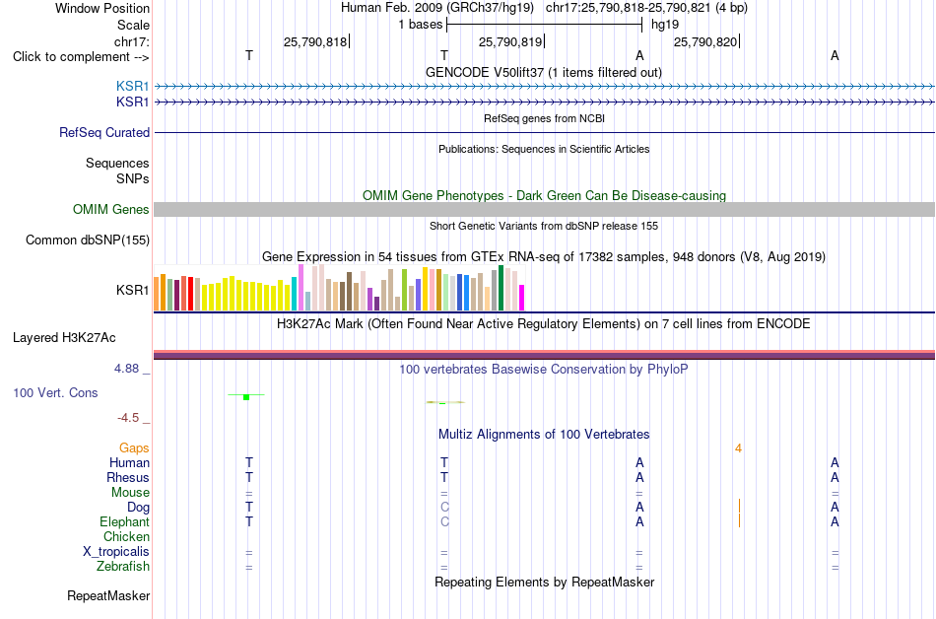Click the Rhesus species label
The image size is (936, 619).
[128, 477]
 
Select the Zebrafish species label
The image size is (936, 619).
[123, 566]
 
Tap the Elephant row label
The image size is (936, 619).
[124, 522]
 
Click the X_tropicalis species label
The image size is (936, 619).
[116, 552]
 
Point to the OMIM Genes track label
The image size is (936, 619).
[111, 210]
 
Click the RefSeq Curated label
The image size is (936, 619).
[104, 132]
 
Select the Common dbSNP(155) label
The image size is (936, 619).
[88, 240]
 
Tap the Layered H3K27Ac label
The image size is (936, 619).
[64, 338]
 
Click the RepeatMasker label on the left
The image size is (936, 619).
[108, 595]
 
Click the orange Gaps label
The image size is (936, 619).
[134, 447]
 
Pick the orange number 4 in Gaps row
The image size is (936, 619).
[738, 448]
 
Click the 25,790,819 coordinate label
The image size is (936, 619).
[510, 41]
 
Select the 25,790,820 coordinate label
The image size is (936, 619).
[705, 41]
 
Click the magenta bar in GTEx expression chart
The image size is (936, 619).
[522, 298]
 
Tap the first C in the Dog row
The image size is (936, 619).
[444, 508]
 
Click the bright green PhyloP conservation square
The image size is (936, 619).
[246, 397]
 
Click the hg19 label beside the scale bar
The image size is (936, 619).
[665, 25]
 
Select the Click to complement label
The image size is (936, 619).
[81, 57]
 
